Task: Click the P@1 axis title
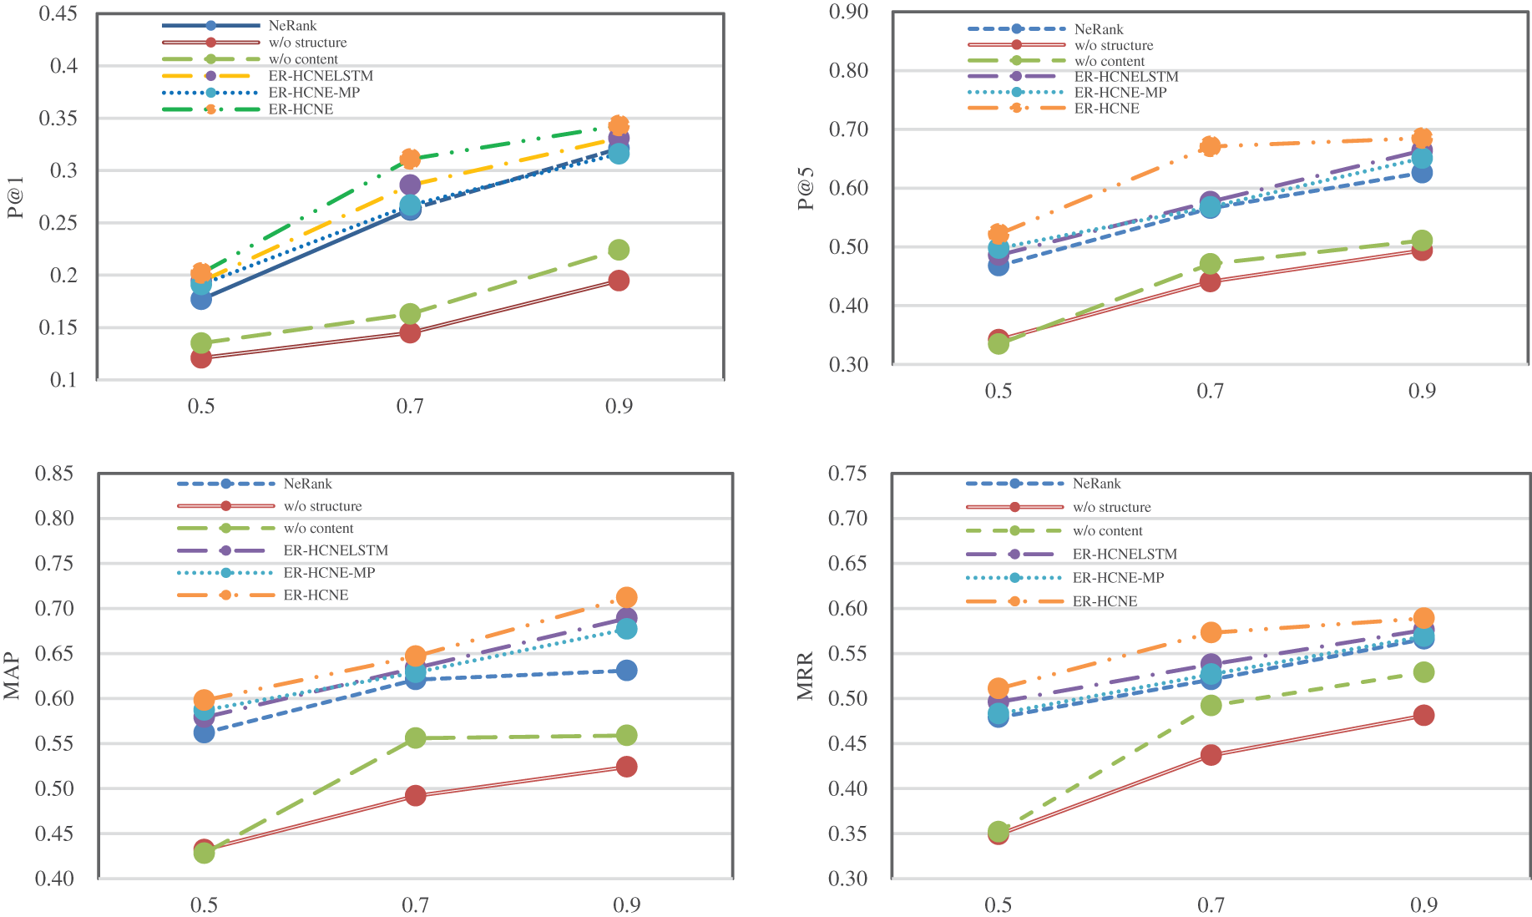point(15,197)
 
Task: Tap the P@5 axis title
point(806,189)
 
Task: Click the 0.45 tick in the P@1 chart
point(58,14)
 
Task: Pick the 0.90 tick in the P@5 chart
point(848,12)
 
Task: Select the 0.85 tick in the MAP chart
point(53,474)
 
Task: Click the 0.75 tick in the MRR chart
point(847,474)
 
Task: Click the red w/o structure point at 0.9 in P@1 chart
point(619,281)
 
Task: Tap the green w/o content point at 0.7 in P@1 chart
point(410,314)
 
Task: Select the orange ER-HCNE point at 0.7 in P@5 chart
point(1210,146)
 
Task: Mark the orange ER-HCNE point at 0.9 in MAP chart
point(627,597)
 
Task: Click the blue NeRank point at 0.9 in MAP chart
point(627,671)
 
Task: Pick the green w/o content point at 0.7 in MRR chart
point(1211,706)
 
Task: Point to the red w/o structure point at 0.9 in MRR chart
point(1423,715)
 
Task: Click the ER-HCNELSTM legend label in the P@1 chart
point(321,76)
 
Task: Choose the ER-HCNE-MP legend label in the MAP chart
point(329,573)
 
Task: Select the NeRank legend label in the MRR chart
point(1096,484)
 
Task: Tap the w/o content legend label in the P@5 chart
point(1110,61)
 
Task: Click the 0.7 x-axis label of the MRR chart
point(1211,904)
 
